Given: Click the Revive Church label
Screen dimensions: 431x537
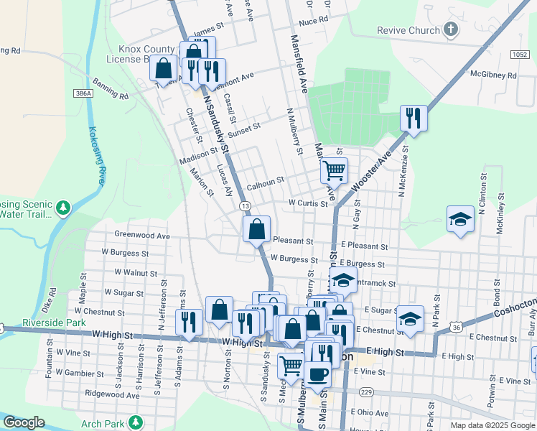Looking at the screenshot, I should coord(408,30).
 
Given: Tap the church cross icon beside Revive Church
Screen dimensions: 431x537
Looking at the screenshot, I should coord(451,29).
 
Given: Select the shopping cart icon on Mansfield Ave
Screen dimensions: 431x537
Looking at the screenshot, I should coord(334,171).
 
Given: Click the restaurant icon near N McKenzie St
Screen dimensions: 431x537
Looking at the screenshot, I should coord(414,117).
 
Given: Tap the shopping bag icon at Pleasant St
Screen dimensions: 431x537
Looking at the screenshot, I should coord(257,230).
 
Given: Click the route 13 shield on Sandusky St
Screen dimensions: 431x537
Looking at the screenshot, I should coord(246,206).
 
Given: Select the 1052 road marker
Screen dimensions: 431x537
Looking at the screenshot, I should coord(520,54).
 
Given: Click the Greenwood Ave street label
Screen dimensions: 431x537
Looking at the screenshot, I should coord(142,235).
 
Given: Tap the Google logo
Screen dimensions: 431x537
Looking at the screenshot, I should coord(24,422).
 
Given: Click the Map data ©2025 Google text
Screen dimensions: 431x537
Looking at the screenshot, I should coord(492,425).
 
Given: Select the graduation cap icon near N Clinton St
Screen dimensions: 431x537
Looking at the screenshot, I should coord(459,219).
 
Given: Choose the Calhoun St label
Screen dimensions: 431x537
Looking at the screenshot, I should coord(266,186).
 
